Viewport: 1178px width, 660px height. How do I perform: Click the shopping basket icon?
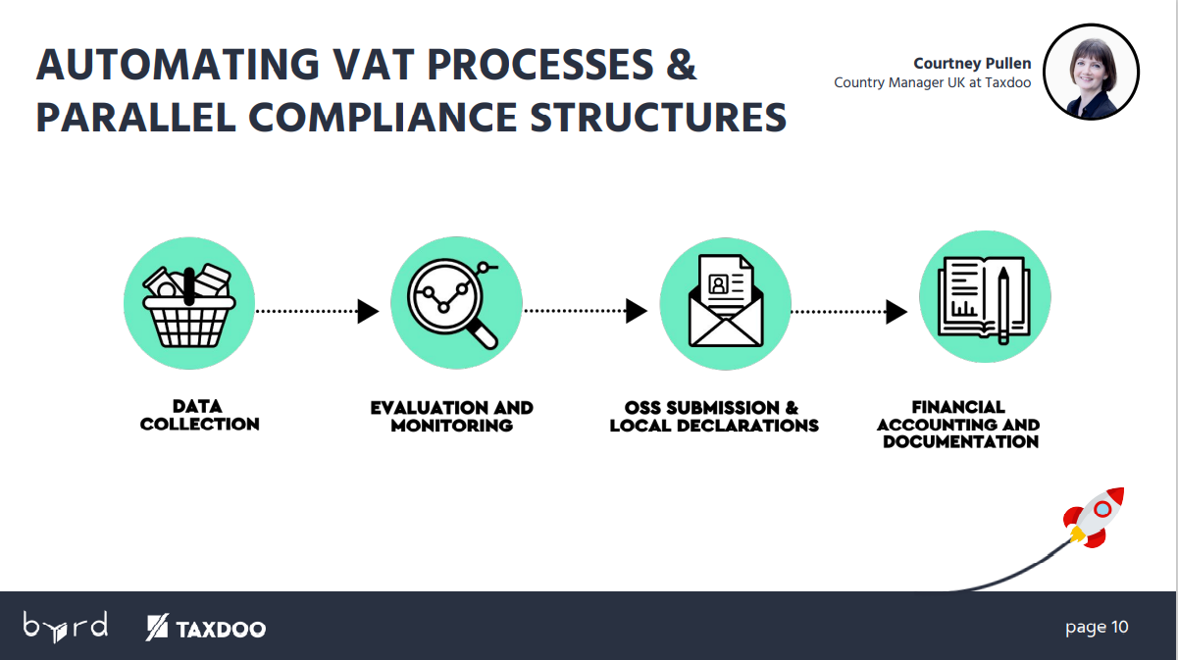(189, 306)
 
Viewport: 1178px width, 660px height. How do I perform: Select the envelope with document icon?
(726, 301)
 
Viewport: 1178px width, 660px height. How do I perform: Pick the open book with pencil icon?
(985, 299)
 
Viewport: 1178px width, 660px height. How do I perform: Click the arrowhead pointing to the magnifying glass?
(368, 311)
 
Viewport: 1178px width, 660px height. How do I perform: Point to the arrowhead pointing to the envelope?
(637, 311)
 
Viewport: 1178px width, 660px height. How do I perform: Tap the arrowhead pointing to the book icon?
(896, 312)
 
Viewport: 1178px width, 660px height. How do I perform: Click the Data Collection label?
(199, 415)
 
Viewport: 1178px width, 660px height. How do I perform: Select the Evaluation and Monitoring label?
(452, 416)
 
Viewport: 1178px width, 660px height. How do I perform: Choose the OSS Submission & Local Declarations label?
(714, 416)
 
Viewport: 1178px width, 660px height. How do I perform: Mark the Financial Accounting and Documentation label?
(958, 424)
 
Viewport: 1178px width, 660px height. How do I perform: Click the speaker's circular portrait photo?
(1092, 72)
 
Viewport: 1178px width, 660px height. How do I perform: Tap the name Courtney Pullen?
(972, 63)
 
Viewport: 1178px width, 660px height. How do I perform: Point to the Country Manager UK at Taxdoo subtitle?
(933, 82)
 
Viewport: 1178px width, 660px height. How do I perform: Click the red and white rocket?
(1094, 518)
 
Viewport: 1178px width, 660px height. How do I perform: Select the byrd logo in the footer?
(66, 627)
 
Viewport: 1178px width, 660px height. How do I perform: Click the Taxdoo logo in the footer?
(206, 628)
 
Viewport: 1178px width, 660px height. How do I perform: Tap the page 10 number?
(1097, 627)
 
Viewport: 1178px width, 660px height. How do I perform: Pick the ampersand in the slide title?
(681, 65)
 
